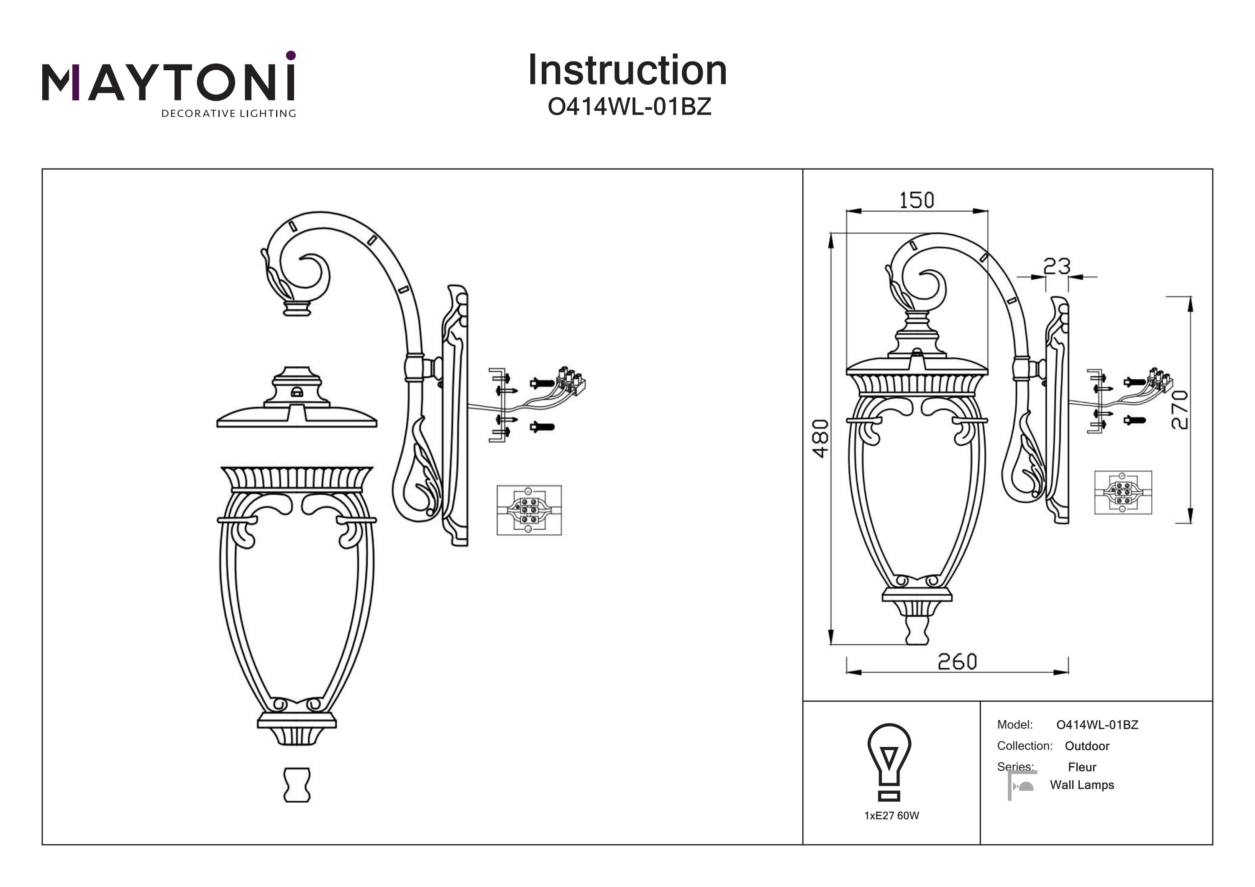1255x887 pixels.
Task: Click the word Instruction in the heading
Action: coord(627,71)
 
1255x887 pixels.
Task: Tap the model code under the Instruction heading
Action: coord(629,107)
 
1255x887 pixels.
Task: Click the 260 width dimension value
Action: coord(957,662)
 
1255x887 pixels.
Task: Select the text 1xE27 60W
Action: coord(891,816)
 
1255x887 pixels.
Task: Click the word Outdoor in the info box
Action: coord(1087,746)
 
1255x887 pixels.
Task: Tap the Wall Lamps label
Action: coord(1082,785)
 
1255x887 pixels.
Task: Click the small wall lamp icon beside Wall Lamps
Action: coord(1022,786)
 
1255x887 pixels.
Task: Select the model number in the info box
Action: coord(1097,725)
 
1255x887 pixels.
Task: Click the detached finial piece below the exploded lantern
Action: coord(297,785)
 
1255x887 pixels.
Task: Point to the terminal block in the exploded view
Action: coord(571,381)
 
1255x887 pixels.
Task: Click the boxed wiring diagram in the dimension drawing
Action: coord(1123,492)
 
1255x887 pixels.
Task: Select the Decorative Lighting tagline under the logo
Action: coord(228,114)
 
